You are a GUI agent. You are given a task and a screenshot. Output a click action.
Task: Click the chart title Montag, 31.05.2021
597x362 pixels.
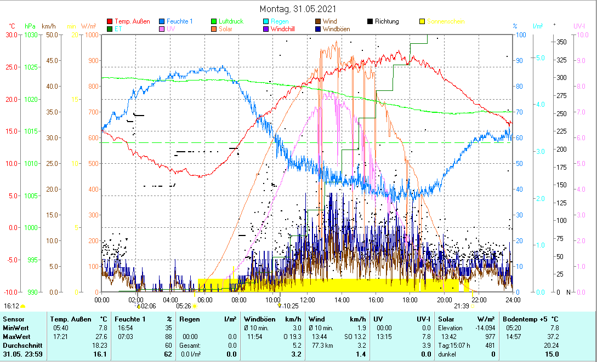(x=298, y=9)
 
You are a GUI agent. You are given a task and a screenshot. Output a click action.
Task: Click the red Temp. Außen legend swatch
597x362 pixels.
(x=110, y=22)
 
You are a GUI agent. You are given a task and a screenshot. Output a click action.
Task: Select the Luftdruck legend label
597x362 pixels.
(x=231, y=22)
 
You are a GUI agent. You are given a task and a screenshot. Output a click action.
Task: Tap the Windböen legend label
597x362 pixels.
(x=336, y=29)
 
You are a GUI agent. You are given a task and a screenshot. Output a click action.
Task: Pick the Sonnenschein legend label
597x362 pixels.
(x=446, y=22)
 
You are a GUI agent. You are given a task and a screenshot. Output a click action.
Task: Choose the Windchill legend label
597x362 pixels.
(x=283, y=29)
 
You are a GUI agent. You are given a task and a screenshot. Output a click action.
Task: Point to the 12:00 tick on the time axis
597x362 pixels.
(x=308, y=299)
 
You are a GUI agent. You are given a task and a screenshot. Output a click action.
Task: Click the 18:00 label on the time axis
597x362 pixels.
(x=410, y=299)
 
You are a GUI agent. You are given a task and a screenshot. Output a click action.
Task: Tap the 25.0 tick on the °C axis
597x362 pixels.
(x=11, y=67)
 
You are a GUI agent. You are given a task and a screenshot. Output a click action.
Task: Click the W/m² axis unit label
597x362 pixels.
(x=89, y=26)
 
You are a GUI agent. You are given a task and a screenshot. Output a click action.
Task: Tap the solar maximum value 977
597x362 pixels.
(x=490, y=336)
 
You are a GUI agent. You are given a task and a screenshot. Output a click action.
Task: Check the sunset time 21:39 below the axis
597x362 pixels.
(x=462, y=306)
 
